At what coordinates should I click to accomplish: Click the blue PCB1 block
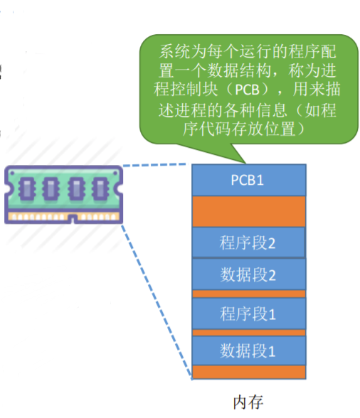point(248,180)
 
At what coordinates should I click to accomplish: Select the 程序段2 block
point(248,242)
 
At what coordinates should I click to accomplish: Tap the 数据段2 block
point(248,273)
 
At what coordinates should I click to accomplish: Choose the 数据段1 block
point(248,350)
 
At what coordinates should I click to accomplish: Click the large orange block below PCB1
point(248,211)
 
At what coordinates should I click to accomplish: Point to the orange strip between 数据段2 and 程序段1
point(248,293)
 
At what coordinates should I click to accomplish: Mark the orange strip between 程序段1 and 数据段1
point(248,332)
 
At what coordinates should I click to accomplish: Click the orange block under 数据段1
point(248,371)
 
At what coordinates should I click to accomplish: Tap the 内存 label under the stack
point(248,402)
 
